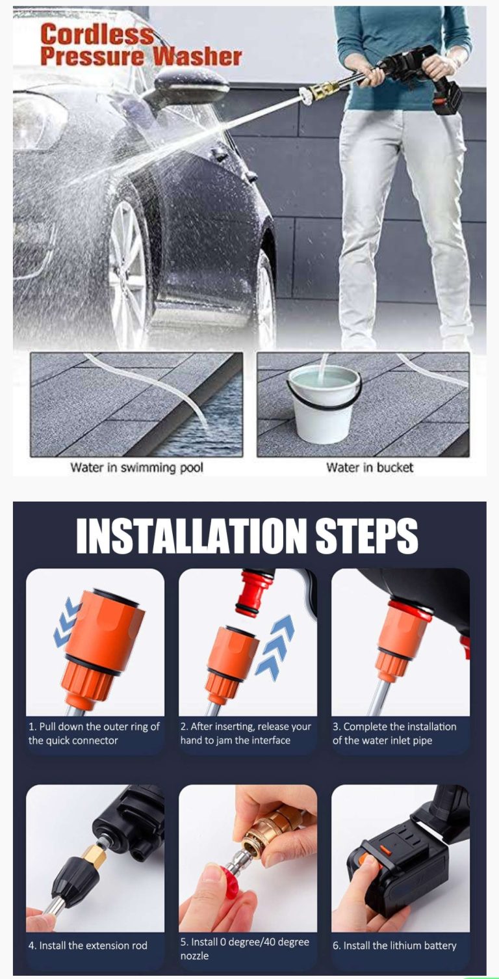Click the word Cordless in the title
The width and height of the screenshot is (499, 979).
tap(97, 34)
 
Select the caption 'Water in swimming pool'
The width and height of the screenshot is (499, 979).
tap(136, 468)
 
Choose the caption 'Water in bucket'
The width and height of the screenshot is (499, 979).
tap(369, 468)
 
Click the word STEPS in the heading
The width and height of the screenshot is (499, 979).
tap(366, 535)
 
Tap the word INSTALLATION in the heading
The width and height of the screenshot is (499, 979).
tap(191, 535)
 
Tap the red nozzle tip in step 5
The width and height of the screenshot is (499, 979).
tap(227, 879)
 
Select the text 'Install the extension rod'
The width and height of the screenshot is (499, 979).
tap(94, 945)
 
